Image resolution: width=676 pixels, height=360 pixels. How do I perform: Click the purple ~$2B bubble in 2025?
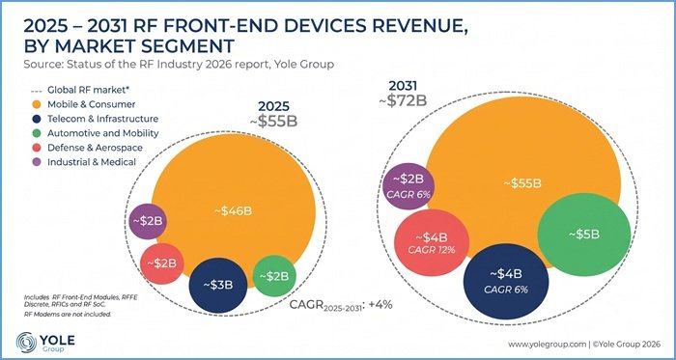pos(148,221)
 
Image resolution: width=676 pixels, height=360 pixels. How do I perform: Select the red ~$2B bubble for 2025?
pos(161,263)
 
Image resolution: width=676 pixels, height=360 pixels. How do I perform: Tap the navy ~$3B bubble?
pos(218,285)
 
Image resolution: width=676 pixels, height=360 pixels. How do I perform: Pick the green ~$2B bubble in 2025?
pos(273,276)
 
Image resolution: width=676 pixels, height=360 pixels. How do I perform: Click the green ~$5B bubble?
pos(584,235)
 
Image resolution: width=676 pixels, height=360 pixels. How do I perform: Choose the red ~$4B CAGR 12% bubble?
pos(432,242)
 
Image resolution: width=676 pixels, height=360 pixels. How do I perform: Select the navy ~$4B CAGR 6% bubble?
pos(506,281)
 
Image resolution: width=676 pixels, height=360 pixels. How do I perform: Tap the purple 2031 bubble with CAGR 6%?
pos(408,186)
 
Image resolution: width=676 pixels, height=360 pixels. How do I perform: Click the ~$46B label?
pos(233,211)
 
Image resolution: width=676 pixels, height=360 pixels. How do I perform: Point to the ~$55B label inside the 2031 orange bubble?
pos(522,183)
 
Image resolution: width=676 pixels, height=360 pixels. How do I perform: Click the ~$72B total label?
pos(403,100)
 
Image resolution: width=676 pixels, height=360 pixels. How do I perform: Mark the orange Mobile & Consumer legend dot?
pos(37,104)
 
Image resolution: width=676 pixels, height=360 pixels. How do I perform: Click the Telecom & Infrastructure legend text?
pos(102,119)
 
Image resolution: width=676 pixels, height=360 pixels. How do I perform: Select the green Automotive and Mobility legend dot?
pos(37,133)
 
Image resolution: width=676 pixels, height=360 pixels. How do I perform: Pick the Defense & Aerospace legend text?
pos(95,148)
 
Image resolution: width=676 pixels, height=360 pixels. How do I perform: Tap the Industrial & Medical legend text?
pos(92,162)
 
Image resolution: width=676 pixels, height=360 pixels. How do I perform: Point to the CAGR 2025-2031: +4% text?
pos(341,305)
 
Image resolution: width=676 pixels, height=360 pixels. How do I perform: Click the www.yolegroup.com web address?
pos(547,344)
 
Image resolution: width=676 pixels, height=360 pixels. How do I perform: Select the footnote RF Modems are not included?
pos(68,315)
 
